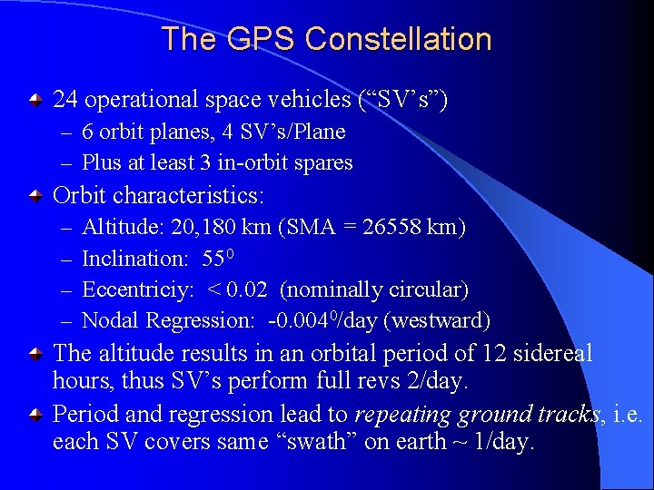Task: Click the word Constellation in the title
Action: (399, 39)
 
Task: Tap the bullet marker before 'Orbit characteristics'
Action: (35, 195)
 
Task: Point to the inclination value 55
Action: (213, 259)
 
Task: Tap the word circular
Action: (423, 289)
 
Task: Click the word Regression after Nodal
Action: (201, 320)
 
